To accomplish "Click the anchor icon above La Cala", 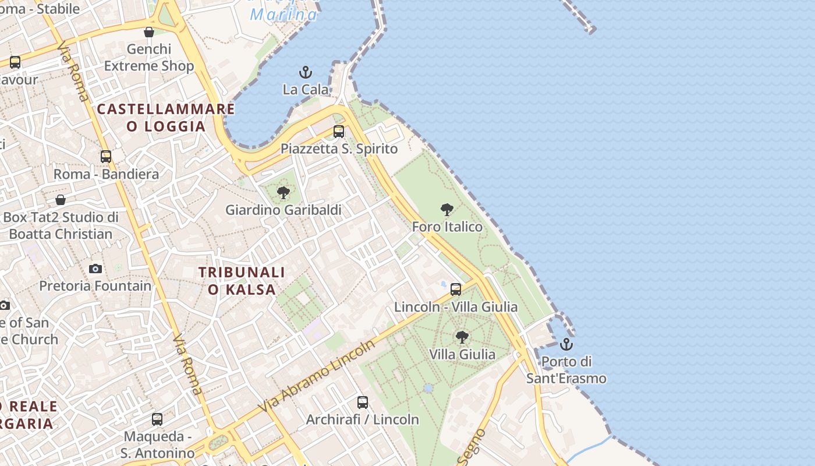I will pyautogui.click(x=306, y=73).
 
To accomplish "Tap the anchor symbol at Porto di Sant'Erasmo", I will pyautogui.click(x=566, y=344).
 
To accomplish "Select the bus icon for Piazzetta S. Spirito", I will pyautogui.click(x=339, y=132).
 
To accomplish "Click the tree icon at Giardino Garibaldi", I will pyautogui.click(x=284, y=193).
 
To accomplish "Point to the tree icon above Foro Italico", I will pyautogui.click(x=447, y=210).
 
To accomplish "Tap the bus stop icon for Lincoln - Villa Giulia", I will pyautogui.click(x=456, y=290).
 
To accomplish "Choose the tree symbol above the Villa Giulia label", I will pyautogui.click(x=462, y=337).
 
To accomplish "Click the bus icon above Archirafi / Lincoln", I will pyautogui.click(x=363, y=403).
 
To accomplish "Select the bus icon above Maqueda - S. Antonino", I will pyautogui.click(x=157, y=419).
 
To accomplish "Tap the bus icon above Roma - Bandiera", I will pyautogui.click(x=106, y=157).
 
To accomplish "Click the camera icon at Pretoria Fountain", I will pyautogui.click(x=95, y=269).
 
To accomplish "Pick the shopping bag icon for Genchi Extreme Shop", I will pyautogui.click(x=149, y=32).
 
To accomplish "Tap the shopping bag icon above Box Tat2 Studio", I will pyautogui.click(x=61, y=200).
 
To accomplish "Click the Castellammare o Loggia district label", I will pyautogui.click(x=166, y=118).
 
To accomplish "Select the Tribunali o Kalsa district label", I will pyautogui.click(x=242, y=281).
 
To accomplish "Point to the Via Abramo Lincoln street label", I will pyautogui.click(x=317, y=376).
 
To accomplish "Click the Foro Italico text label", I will pyautogui.click(x=447, y=227).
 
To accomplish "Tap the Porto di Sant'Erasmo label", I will pyautogui.click(x=566, y=370).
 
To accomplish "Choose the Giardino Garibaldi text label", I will pyautogui.click(x=284, y=210).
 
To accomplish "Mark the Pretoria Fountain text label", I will pyautogui.click(x=95, y=286).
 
